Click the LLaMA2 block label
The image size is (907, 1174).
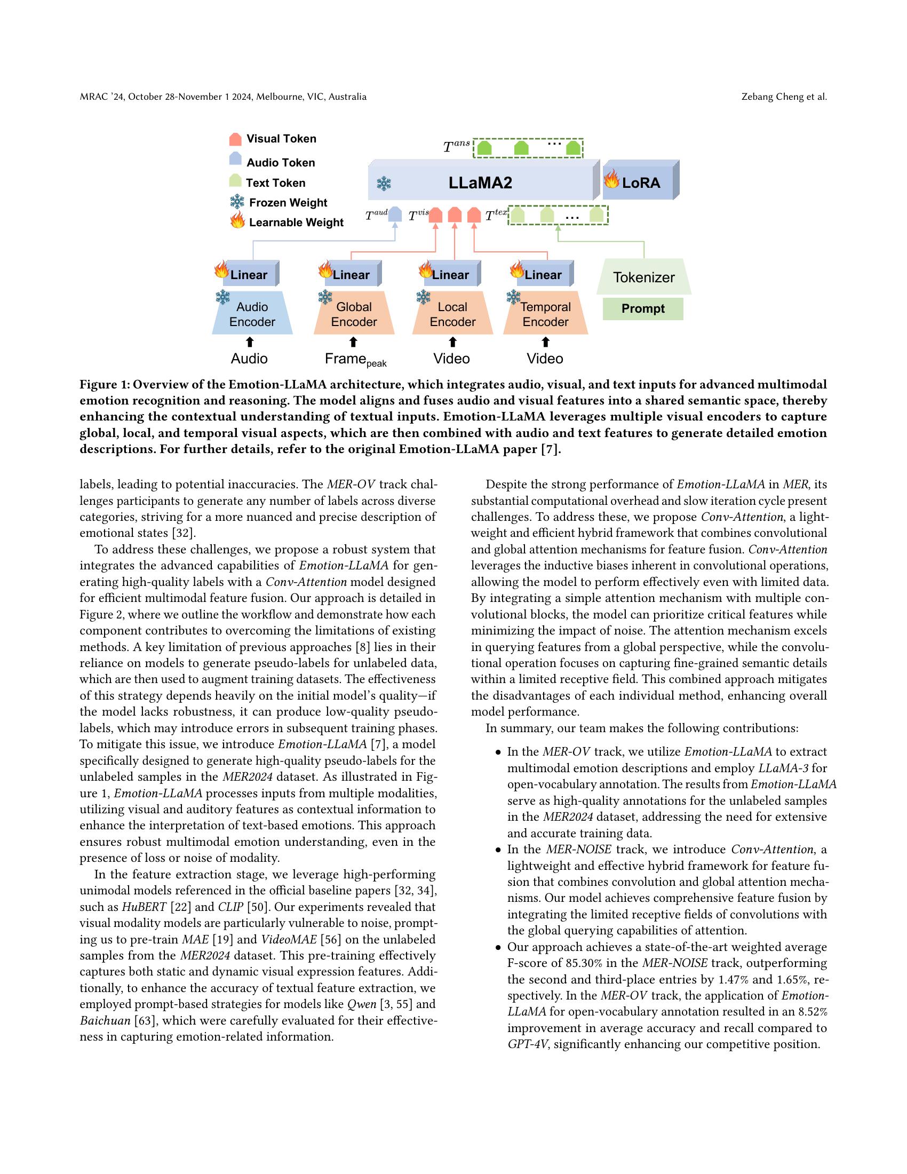point(480,183)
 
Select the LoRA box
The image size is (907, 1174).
point(640,183)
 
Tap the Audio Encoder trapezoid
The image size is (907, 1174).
point(252,314)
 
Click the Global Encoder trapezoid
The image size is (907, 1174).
point(354,314)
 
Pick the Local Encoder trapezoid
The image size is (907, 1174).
point(452,314)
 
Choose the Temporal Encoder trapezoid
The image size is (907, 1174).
point(545,314)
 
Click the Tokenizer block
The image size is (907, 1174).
point(644,277)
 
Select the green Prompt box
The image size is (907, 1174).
point(643,308)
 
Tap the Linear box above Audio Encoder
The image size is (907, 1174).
point(249,275)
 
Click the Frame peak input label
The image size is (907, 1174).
point(355,359)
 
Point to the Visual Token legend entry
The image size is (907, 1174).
point(281,139)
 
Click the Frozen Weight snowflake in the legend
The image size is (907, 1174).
point(237,202)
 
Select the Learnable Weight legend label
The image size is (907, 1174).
point(296,223)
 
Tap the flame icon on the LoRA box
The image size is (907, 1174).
point(611,178)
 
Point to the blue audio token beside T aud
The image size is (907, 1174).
point(395,215)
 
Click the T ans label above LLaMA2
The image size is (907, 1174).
point(456,146)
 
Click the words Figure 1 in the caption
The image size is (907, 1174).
point(104,384)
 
